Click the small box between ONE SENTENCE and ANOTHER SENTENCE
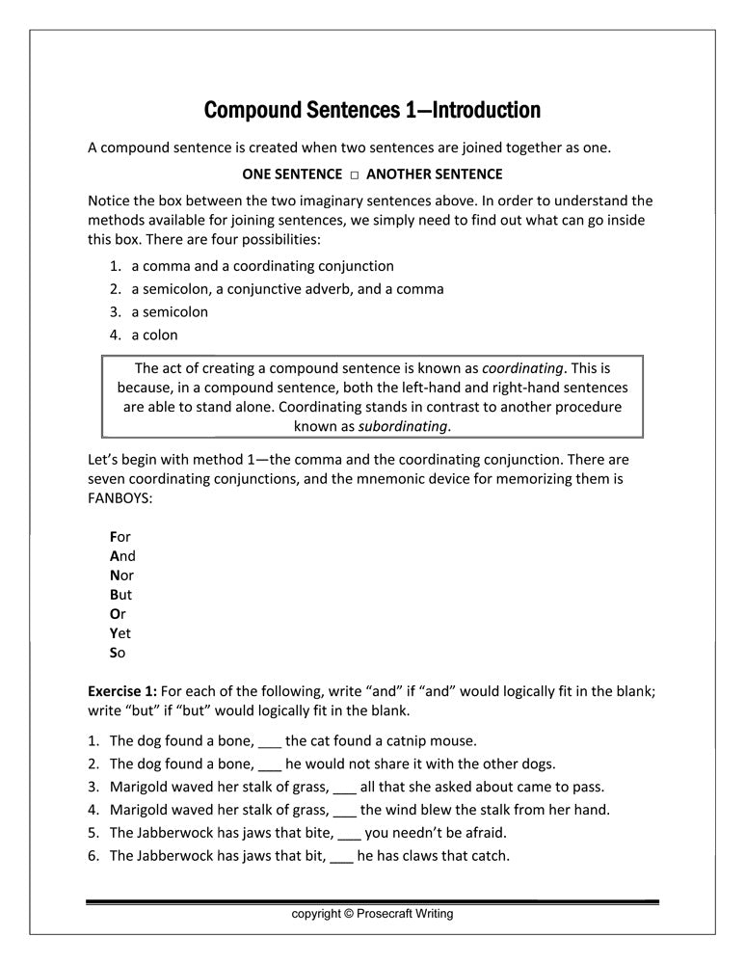click(355, 174)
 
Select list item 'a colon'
click(154, 335)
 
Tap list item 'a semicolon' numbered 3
click(170, 312)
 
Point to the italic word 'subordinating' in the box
click(404, 426)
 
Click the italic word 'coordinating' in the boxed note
click(522, 368)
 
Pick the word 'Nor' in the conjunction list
click(121, 576)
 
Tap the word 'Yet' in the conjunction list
click(120, 633)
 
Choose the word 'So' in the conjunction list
click(118, 653)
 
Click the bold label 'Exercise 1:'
click(122, 691)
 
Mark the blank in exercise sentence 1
click(270, 742)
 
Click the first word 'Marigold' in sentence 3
click(141, 787)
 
